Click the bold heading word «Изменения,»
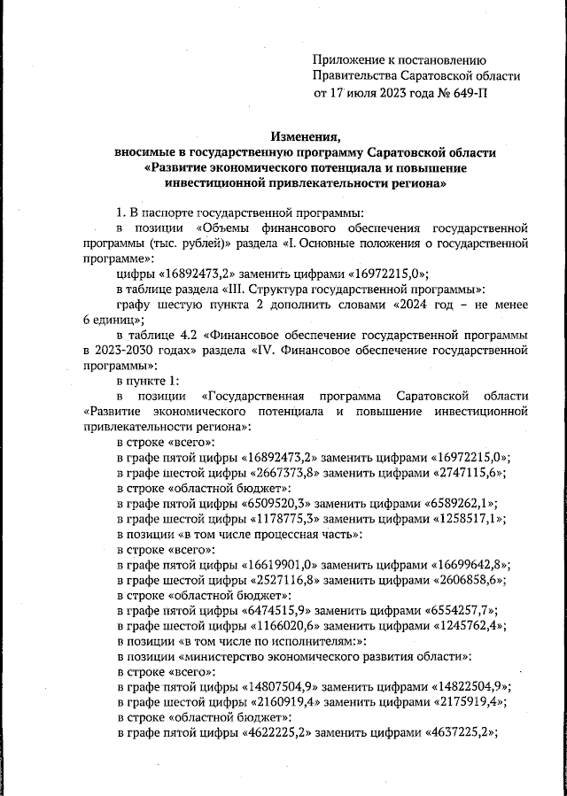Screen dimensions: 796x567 [306, 135]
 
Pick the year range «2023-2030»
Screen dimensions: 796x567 [120, 352]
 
